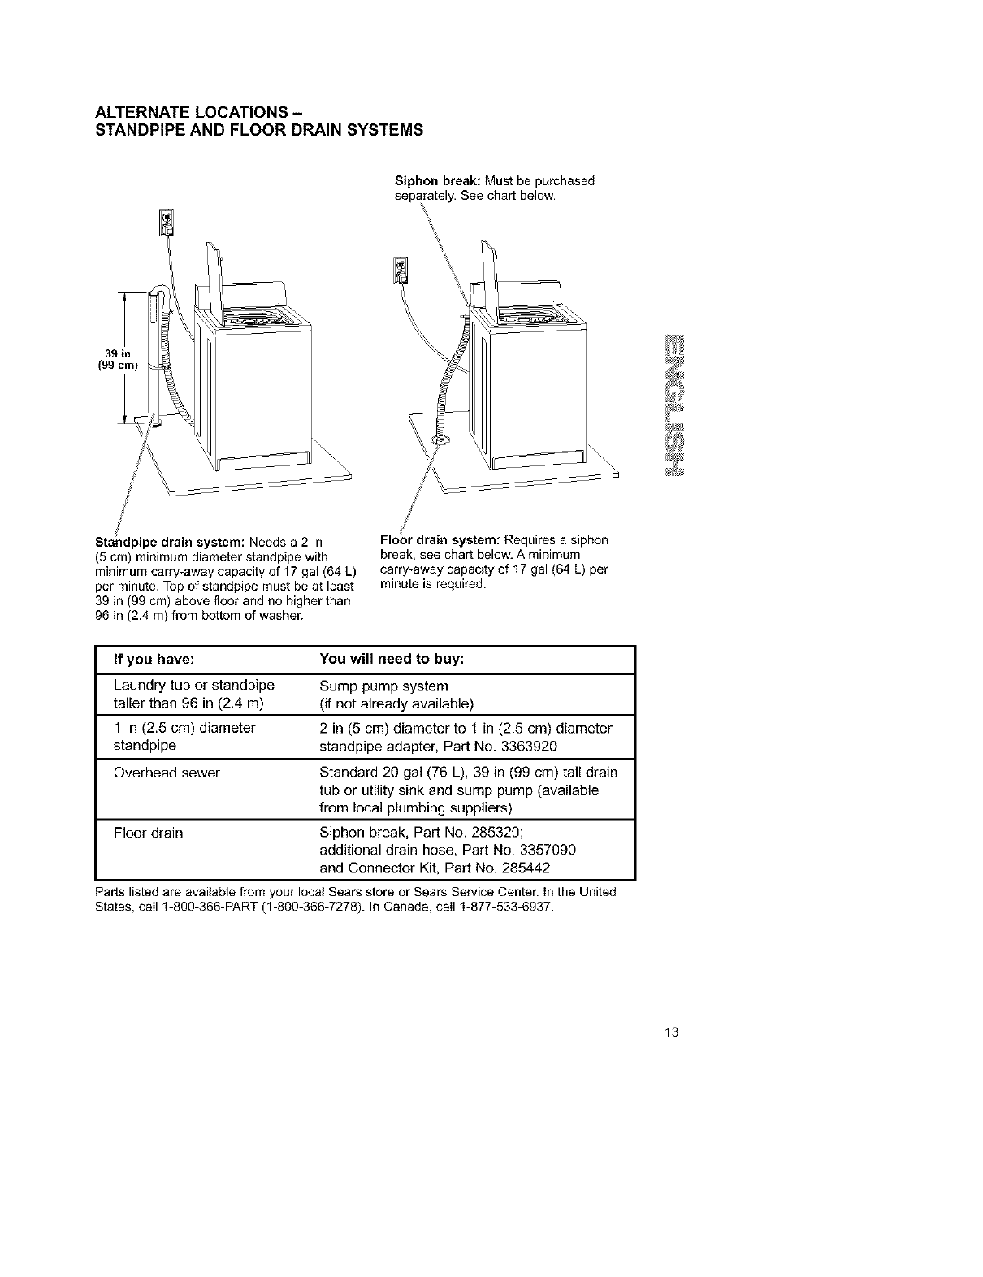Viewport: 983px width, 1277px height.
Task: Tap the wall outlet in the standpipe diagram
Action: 166,221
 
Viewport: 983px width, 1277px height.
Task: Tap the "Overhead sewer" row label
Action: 167,773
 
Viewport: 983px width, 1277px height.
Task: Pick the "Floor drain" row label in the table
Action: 149,833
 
